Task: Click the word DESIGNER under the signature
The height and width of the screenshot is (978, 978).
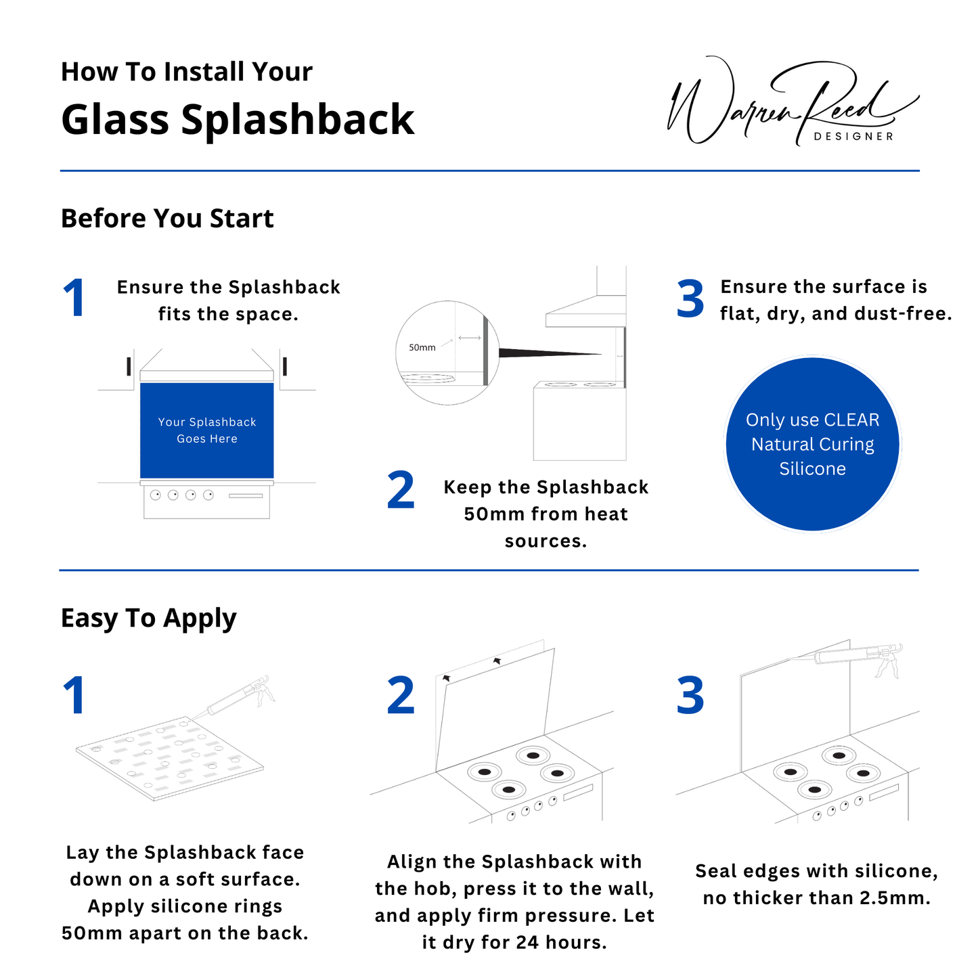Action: pos(853,137)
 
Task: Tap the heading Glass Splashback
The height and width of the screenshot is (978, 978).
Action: pos(237,120)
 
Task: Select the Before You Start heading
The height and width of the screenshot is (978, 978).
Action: pos(167,219)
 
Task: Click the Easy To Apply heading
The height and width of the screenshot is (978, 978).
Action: pos(148,618)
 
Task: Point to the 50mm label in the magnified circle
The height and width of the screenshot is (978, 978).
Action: pos(422,347)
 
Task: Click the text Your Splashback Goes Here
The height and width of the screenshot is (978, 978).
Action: pos(207,430)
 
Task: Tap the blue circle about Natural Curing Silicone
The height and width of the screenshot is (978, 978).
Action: pos(812,444)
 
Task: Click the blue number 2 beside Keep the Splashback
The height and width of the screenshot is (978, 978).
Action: pos(401,491)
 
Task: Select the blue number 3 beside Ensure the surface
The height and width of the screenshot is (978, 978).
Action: pos(690,299)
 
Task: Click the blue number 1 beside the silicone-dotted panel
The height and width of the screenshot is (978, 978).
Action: pos(74,696)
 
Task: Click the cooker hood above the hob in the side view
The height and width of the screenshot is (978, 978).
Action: pos(585,315)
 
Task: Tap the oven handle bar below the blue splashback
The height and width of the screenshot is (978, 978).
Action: pos(245,495)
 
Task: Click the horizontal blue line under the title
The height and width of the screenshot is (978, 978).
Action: pos(489,171)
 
